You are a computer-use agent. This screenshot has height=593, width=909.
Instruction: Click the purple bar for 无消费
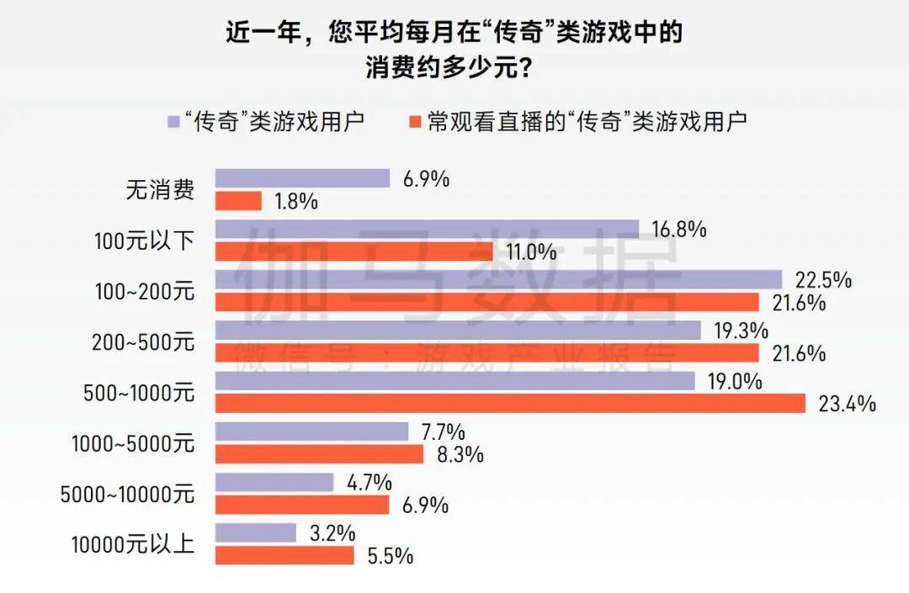tap(302, 178)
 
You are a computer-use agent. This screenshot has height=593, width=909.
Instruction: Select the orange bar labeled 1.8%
tap(239, 201)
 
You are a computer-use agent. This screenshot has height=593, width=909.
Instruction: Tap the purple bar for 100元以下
tap(427, 229)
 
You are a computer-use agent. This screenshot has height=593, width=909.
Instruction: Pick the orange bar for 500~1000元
tap(510, 404)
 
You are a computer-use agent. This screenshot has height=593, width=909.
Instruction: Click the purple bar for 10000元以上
tap(256, 532)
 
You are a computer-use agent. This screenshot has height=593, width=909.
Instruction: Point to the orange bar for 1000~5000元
tap(319, 454)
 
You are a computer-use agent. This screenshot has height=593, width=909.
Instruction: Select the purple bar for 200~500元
tap(458, 331)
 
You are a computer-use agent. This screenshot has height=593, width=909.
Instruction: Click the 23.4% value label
tap(848, 405)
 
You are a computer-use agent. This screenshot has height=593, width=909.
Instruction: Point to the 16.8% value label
tap(678, 229)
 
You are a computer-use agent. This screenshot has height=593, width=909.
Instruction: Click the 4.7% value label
tap(369, 483)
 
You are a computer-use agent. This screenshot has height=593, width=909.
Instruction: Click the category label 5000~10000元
tap(127, 494)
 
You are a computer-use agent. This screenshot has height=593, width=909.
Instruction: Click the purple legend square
tap(173, 120)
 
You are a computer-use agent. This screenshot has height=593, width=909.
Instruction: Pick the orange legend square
tap(412, 120)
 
